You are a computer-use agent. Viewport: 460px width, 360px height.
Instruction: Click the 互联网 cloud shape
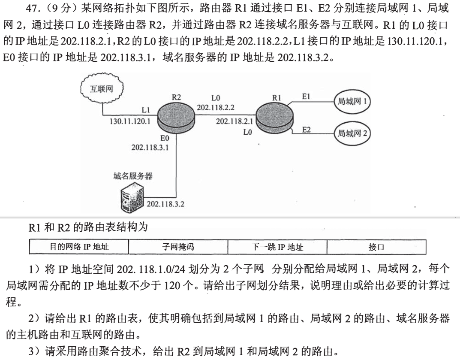102,89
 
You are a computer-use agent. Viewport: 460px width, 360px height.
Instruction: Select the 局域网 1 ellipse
352,102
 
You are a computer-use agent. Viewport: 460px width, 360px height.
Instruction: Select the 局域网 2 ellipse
352,133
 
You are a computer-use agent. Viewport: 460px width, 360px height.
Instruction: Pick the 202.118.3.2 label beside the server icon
165,203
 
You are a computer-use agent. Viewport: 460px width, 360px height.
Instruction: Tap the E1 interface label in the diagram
306,97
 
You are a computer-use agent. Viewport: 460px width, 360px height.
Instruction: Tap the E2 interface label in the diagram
306,130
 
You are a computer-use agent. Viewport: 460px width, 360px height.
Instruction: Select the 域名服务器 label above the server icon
133,175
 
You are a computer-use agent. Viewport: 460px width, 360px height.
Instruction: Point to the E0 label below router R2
165,138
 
